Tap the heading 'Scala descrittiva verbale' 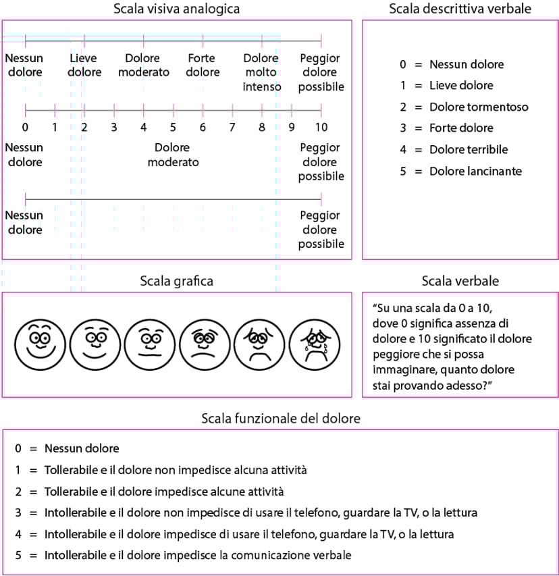point(460,9)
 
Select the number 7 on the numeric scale point(232,127)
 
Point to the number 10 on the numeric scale point(321,127)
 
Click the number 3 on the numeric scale point(114,127)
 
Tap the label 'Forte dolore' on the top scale point(203,66)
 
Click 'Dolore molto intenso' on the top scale point(261,72)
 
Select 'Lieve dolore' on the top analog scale point(85,66)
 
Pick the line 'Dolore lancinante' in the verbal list point(475,171)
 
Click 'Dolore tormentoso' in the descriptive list point(479,107)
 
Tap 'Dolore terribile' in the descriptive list point(469,149)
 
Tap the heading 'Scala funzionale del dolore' point(281,419)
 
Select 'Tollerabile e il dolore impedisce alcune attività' point(164,491)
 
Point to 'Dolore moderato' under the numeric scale point(173,155)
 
